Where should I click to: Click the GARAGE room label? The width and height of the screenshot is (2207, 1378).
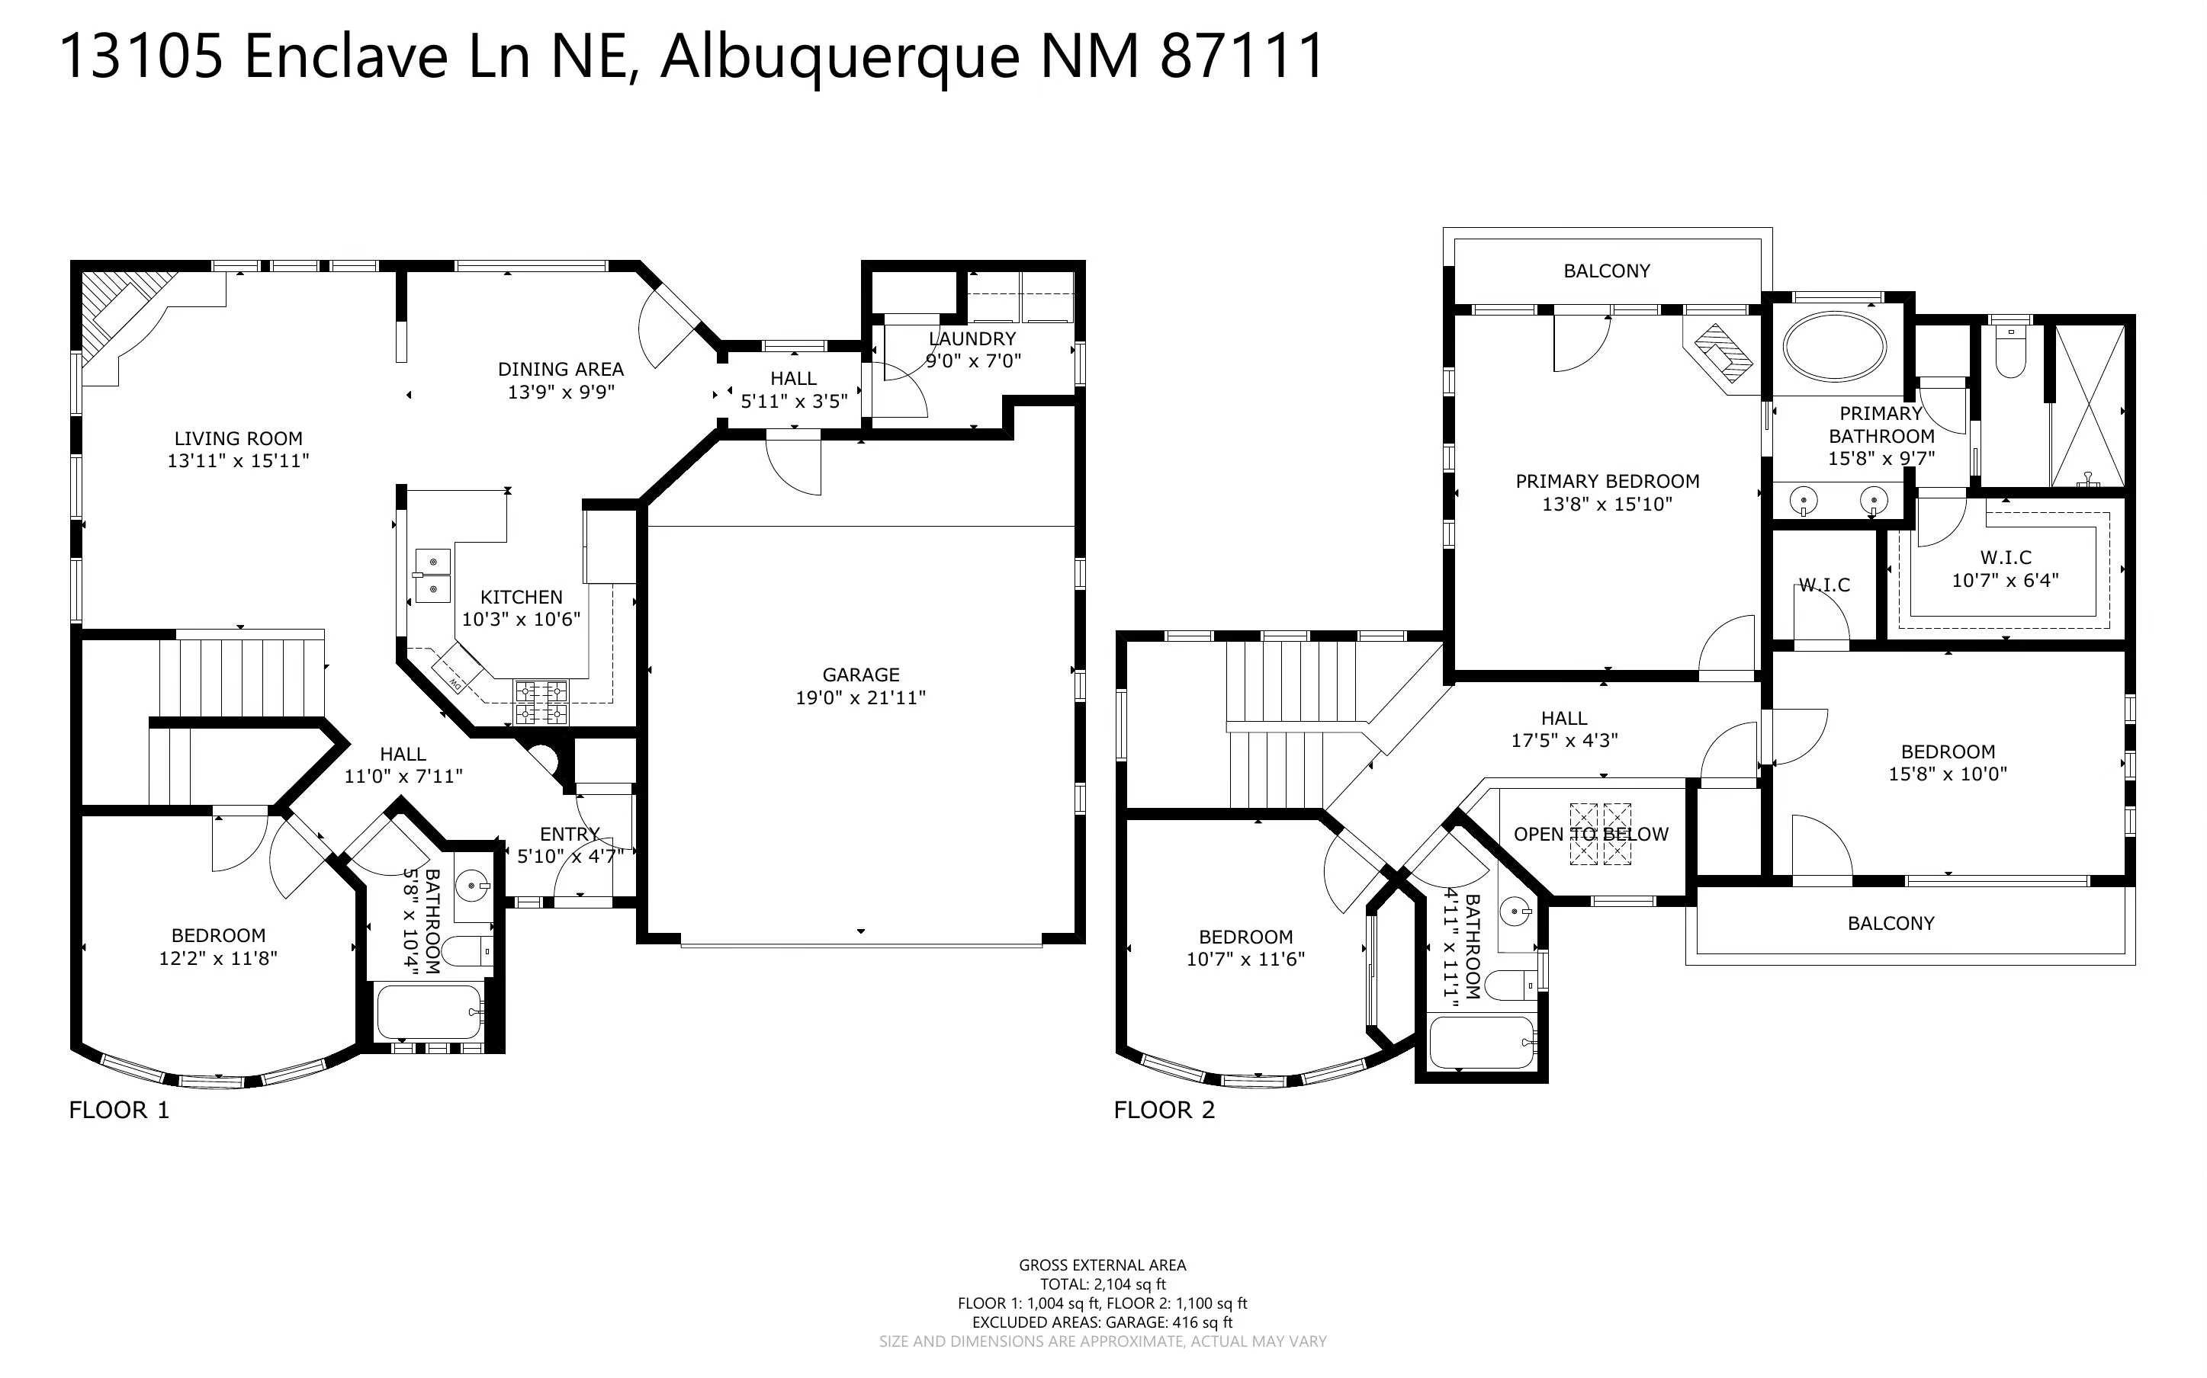coord(860,675)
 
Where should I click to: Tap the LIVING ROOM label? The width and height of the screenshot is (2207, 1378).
coord(238,438)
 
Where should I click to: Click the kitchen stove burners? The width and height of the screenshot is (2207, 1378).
coord(541,703)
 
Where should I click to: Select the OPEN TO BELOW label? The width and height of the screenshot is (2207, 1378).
coord(1591,834)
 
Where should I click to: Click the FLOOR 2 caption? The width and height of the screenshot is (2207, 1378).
coord(1164,1110)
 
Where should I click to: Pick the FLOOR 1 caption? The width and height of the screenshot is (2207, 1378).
coord(120,1110)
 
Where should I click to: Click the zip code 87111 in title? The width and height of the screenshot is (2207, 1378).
coord(1242,56)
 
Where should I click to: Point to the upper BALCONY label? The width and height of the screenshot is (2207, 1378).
coord(1606,271)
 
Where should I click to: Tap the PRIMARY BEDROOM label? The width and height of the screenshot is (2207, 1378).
coord(1607,481)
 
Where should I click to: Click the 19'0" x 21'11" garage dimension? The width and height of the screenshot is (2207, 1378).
coord(860,697)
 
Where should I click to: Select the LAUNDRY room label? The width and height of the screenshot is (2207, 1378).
coord(972,338)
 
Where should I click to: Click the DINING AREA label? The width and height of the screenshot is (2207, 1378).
coord(561,369)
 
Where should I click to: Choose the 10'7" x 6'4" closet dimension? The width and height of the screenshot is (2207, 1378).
coord(2006,580)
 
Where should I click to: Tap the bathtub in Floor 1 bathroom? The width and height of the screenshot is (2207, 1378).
coord(429,1011)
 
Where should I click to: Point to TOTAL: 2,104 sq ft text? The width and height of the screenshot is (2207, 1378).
coord(1103,1284)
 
